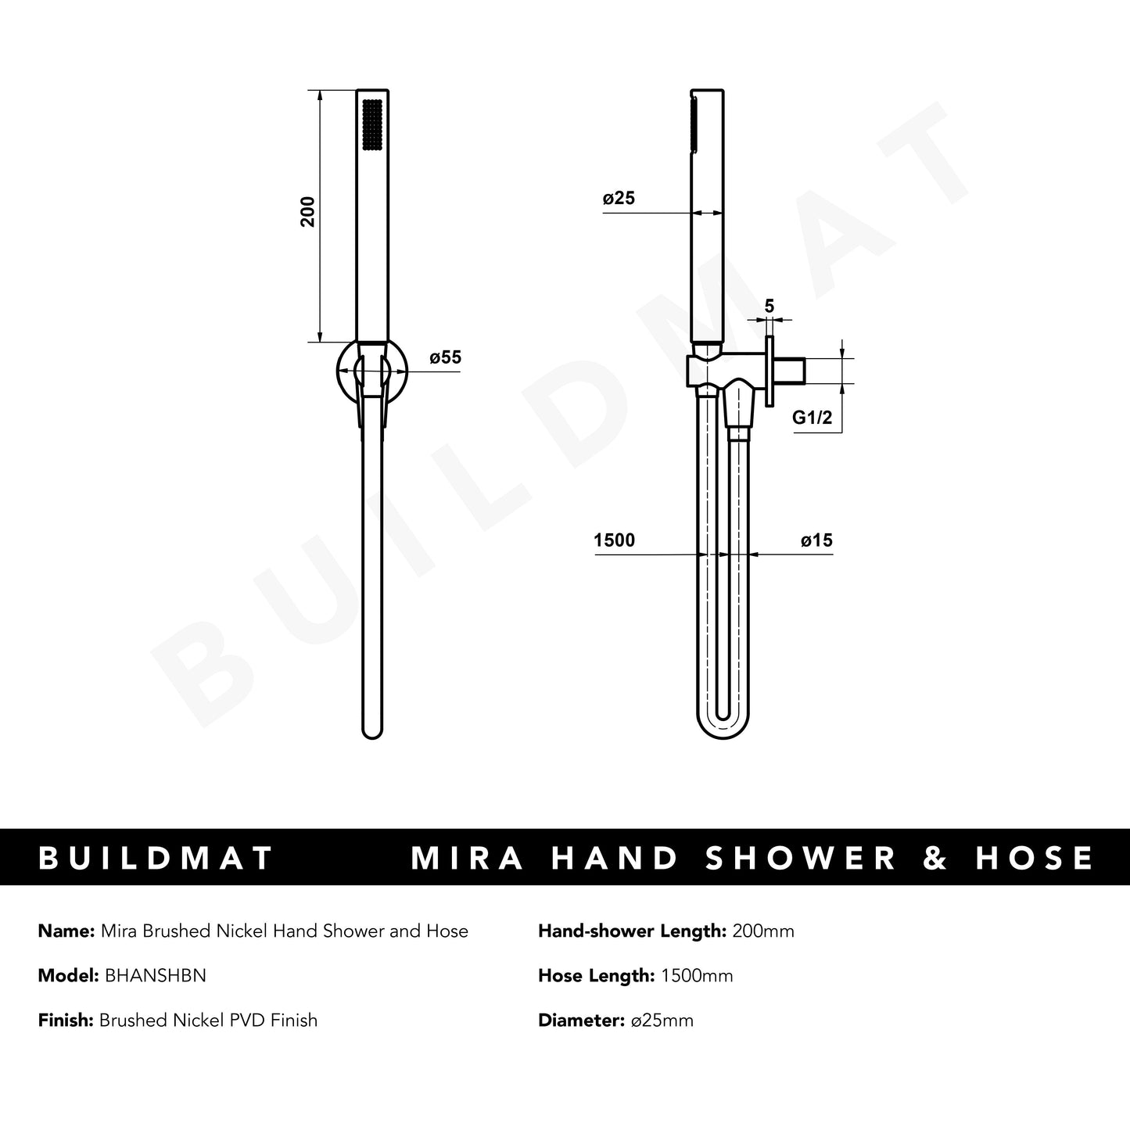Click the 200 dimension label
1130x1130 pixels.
point(308,212)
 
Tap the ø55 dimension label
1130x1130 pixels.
point(445,357)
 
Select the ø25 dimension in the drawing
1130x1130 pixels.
point(619,199)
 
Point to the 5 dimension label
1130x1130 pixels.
point(769,306)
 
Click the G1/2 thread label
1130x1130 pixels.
point(811,418)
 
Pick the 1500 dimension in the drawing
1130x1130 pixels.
point(615,540)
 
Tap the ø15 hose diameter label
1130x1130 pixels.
point(816,540)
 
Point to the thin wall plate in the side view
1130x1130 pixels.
point(769,371)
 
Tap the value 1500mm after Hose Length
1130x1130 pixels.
point(697,975)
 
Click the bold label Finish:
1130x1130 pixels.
point(66,1020)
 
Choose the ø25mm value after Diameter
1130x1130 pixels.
point(662,1020)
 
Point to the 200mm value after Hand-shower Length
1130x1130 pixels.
point(763,931)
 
